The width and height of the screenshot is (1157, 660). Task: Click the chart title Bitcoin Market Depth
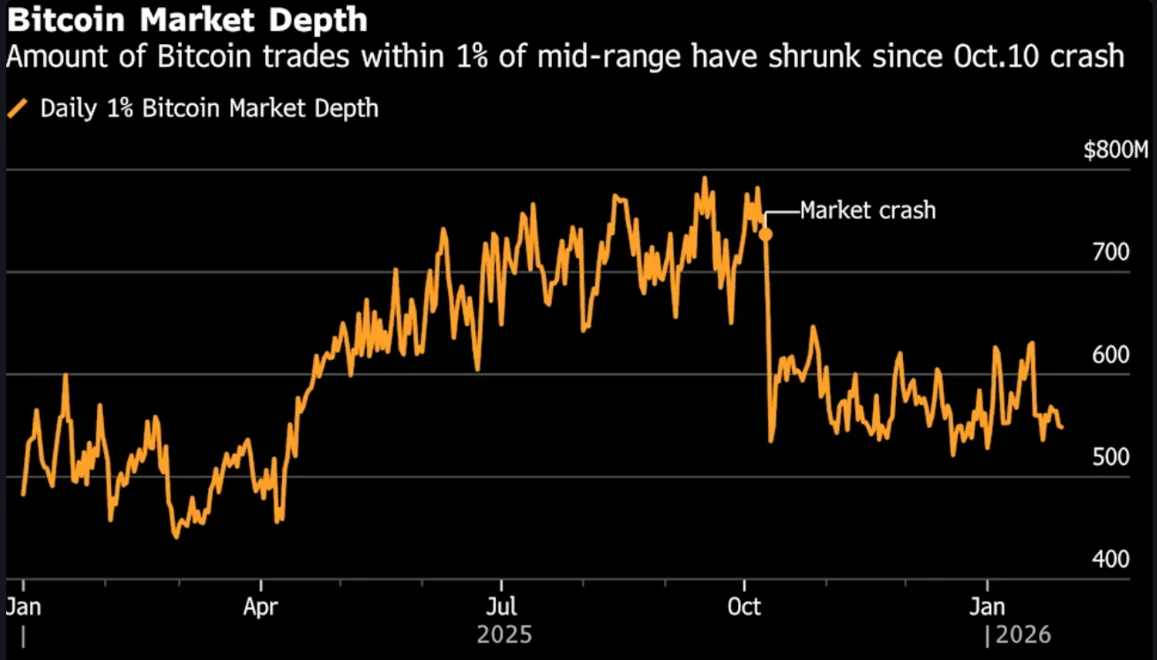[186, 19]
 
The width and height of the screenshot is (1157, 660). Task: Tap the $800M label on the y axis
[1116, 151]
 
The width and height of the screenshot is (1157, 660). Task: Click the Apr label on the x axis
[262, 608]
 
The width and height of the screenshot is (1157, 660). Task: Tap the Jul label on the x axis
[502, 608]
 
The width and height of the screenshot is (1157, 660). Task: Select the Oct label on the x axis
[745, 608]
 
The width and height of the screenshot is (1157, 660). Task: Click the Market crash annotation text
[868, 211]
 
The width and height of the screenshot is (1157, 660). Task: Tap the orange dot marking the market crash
[765, 234]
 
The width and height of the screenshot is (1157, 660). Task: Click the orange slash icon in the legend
[17, 109]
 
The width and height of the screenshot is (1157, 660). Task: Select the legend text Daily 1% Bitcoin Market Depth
[210, 109]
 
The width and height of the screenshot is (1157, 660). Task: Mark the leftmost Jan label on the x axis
[22, 608]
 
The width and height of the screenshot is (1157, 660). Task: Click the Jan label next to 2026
[987, 608]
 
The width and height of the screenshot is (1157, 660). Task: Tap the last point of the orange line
[1061, 428]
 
